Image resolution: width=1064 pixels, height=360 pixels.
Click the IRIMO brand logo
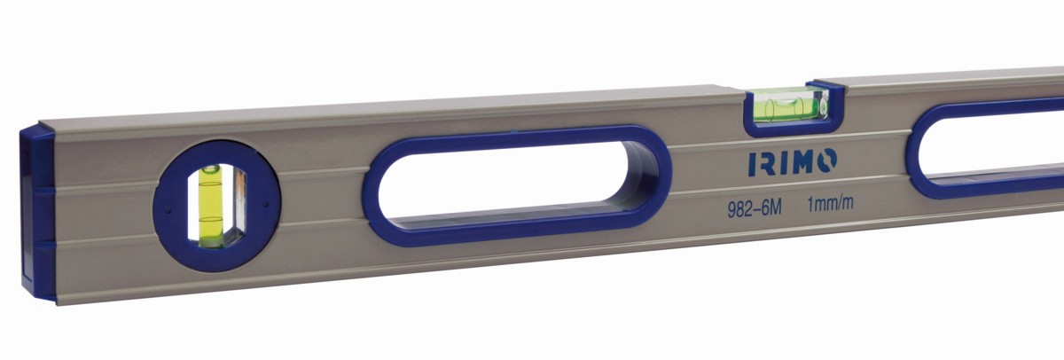point(793,162)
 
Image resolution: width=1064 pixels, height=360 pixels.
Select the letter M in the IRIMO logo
point(794,162)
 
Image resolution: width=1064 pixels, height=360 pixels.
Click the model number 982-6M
point(755,209)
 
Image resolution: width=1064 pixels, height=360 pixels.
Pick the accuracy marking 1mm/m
point(830,204)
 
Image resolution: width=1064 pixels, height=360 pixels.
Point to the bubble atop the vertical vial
point(210,168)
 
